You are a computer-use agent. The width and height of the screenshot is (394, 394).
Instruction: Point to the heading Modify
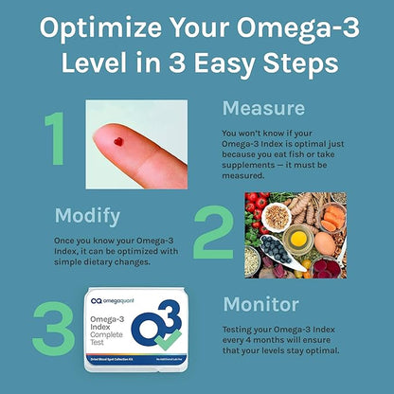point(88,214)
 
